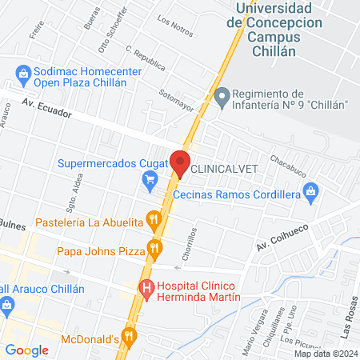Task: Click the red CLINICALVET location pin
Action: [179, 163]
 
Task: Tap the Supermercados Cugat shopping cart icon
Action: [150, 182]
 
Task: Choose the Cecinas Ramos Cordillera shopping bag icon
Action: [311, 193]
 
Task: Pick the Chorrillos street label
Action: [188, 241]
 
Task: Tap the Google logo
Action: [26, 350]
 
